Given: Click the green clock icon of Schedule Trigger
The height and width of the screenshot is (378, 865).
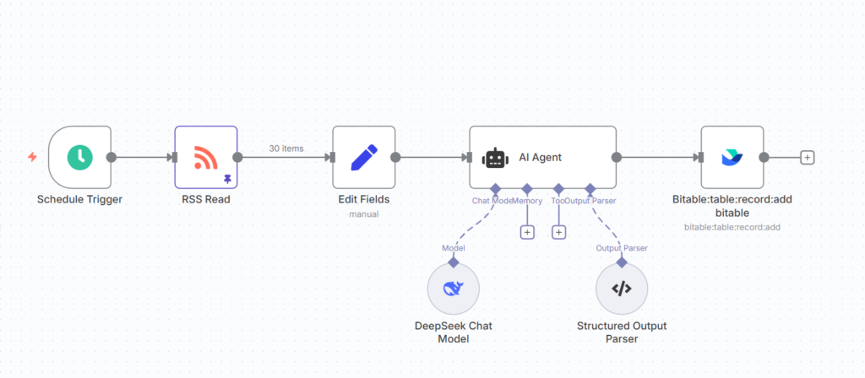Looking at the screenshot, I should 80,157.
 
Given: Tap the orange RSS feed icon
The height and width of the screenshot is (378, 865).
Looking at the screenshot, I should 205,157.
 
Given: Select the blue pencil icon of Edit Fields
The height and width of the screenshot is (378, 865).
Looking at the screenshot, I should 363,157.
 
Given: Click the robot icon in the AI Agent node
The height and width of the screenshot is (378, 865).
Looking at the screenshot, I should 496,158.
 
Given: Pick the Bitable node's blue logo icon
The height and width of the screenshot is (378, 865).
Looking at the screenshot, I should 732,157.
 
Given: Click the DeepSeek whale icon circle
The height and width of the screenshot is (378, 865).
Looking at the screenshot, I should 453,289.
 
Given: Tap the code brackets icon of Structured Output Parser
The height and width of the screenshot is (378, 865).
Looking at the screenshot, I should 621,289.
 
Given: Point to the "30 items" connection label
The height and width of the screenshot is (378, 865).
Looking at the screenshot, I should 287,148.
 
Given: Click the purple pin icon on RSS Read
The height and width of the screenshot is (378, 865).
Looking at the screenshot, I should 227,179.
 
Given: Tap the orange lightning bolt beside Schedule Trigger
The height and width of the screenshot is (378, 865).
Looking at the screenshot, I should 32,157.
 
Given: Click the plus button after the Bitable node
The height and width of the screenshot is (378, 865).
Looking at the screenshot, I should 808,157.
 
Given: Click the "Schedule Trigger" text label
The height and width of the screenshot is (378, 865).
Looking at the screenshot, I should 80,200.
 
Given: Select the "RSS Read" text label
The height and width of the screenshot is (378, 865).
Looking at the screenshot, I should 206,200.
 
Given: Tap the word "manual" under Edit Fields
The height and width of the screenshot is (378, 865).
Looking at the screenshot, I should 364,214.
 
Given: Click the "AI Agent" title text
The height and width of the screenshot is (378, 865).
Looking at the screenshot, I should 541,157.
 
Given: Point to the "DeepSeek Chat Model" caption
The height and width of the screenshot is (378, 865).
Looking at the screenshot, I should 453,332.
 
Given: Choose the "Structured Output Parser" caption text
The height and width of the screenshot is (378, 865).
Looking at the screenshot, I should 621,332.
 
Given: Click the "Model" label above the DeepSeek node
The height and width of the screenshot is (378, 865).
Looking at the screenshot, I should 454,248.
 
